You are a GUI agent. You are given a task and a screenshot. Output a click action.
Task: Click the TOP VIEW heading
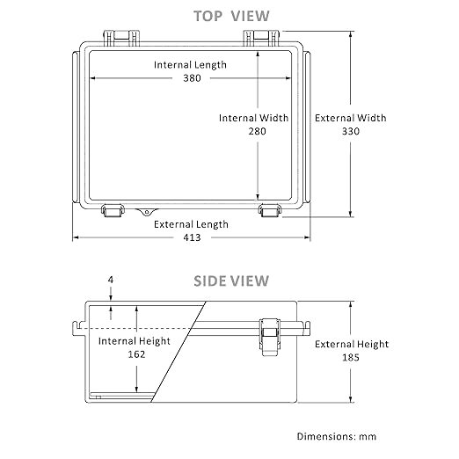[231, 16]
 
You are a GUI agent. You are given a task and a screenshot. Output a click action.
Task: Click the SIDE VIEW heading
[231, 280]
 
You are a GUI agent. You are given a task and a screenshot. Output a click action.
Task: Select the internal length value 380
[192, 78]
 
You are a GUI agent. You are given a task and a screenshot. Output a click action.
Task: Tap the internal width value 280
[257, 131]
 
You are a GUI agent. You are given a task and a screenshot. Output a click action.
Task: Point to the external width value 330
[351, 131]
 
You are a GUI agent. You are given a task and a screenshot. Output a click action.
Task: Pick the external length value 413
[192, 237]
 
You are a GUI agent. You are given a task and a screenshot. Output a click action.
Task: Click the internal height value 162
[136, 354]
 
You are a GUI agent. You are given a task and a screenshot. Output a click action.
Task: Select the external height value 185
[351, 357]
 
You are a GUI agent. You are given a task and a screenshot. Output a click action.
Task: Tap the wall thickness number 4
[111, 280]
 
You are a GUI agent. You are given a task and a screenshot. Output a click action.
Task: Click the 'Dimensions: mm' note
[337, 436]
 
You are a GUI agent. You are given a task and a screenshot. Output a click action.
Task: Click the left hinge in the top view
[121, 38]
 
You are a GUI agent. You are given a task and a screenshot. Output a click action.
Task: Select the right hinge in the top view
[262, 38]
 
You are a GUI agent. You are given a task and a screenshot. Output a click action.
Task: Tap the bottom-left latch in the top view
[113, 211]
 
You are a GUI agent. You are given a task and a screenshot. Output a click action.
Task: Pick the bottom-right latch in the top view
[270, 211]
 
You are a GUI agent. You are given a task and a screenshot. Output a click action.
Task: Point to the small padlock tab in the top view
[147, 212]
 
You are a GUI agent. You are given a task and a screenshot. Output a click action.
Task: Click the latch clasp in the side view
[269, 337]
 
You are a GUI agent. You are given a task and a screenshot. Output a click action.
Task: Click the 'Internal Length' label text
[190, 65]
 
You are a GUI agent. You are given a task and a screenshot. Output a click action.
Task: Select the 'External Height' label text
[352, 344]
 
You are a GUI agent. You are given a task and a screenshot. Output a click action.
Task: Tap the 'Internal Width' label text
[253, 118]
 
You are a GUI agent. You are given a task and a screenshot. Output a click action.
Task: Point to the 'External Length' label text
[191, 224]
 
